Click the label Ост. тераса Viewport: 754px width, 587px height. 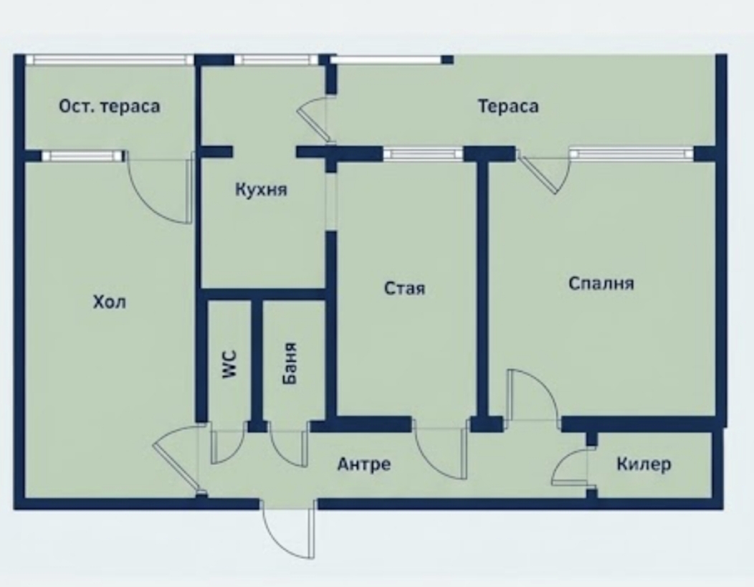tap(109, 106)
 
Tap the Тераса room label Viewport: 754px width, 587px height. tap(508, 106)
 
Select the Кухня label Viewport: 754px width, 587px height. tap(261, 189)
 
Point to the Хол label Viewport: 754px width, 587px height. tap(109, 302)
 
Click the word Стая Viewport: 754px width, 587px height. tap(404, 288)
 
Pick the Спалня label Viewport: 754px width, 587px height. tap(601, 284)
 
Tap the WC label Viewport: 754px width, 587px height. tap(230, 364)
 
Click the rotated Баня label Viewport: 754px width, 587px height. tap(290, 363)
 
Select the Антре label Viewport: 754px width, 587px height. tap(364, 464)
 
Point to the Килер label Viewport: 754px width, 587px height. tap(644, 464)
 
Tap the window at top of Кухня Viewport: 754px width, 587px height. tap(272, 60)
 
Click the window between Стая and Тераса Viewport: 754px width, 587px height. tap(423, 154)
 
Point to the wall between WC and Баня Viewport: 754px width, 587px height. tap(257, 361)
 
